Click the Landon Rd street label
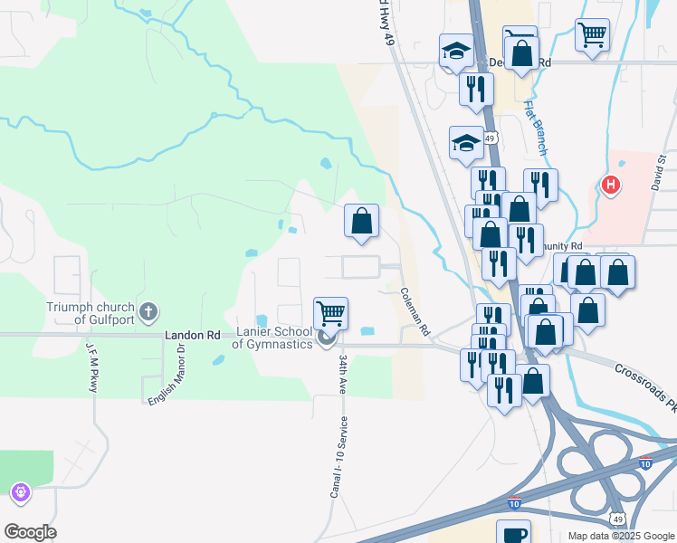[x=193, y=335]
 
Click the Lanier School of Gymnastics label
[x=273, y=338]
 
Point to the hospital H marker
[x=611, y=186]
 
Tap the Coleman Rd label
[x=415, y=312]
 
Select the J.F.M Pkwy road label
[x=92, y=367]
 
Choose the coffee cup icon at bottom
[x=513, y=533]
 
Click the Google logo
[x=30, y=532]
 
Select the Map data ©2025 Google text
[x=620, y=536]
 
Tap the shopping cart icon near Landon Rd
[x=331, y=313]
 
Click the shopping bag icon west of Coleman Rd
[x=361, y=220]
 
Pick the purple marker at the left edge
[x=20, y=492]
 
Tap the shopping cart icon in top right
[x=592, y=34]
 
